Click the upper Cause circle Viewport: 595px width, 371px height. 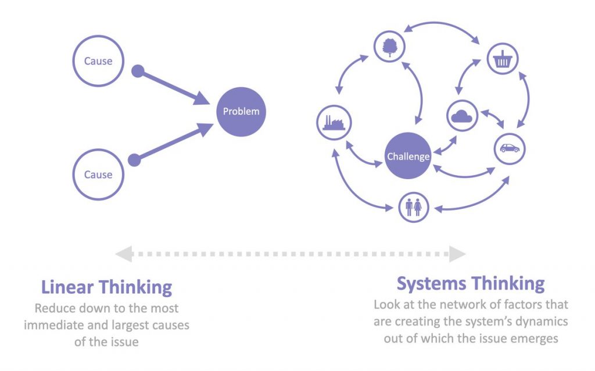[x=98, y=61]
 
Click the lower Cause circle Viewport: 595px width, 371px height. [x=98, y=174]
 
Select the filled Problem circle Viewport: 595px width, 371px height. [x=241, y=111]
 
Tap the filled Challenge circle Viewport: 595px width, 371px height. [x=408, y=156]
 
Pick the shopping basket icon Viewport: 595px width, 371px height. [x=502, y=59]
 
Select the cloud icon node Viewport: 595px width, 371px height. [x=462, y=116]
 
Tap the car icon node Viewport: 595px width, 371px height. [x=510, y=148]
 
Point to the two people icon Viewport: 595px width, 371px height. [x=414, y=207]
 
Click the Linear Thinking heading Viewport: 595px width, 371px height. [x=106, y=287]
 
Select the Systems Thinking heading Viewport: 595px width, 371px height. [x=471, y=284]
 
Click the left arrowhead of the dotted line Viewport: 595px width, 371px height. [x=123, y=254]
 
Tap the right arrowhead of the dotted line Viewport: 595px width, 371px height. [x=457, y=254]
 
